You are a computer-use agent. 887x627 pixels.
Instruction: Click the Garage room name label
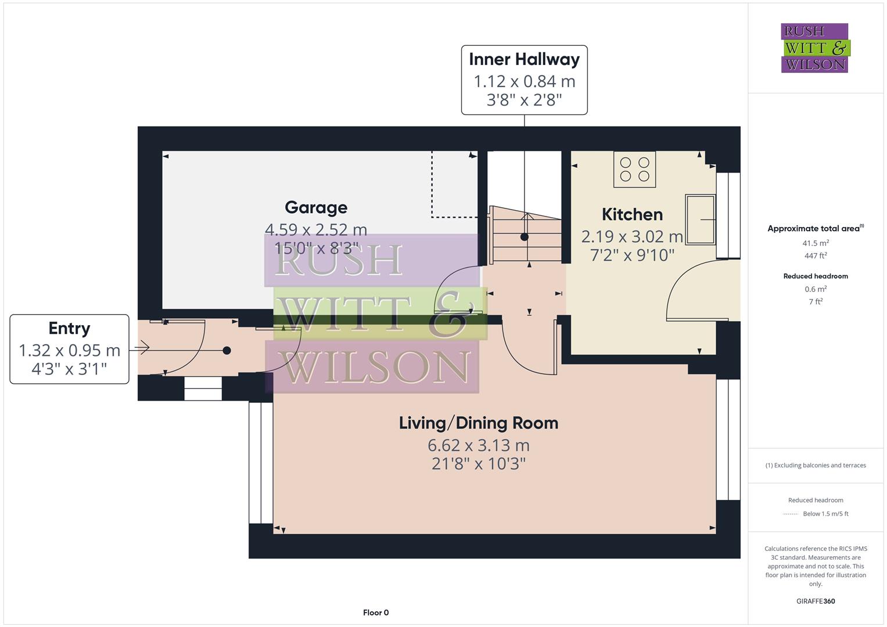point(316,207)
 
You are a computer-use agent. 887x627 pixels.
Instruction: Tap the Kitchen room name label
point(632,214)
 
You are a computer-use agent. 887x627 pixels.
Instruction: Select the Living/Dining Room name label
point(478,423)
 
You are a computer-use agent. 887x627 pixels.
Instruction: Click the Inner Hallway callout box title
point(524,59)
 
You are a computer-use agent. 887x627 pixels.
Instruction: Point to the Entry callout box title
point(69,328)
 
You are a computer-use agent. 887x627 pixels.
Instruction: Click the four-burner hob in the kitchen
point(634,169)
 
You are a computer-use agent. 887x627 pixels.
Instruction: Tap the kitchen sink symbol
point(701,219)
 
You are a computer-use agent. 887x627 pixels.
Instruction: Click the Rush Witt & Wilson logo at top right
point(814,48)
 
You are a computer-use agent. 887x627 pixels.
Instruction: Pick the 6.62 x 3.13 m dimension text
point(478,445)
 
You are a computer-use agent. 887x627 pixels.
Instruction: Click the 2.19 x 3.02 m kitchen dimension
point(632,236)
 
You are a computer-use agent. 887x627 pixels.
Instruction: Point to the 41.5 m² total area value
point(816,243)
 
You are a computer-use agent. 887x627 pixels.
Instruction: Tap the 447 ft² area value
point(816,255)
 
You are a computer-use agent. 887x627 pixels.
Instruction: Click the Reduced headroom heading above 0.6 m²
point(816,276)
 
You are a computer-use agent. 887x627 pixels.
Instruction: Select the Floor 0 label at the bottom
point(376,612)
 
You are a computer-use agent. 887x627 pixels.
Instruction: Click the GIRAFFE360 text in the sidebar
point(816,601)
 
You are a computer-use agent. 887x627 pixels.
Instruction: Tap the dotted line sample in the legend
point(791,514)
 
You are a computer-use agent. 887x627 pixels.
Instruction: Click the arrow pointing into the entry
point(139,348)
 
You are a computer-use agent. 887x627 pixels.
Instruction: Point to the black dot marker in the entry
point(227,350)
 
